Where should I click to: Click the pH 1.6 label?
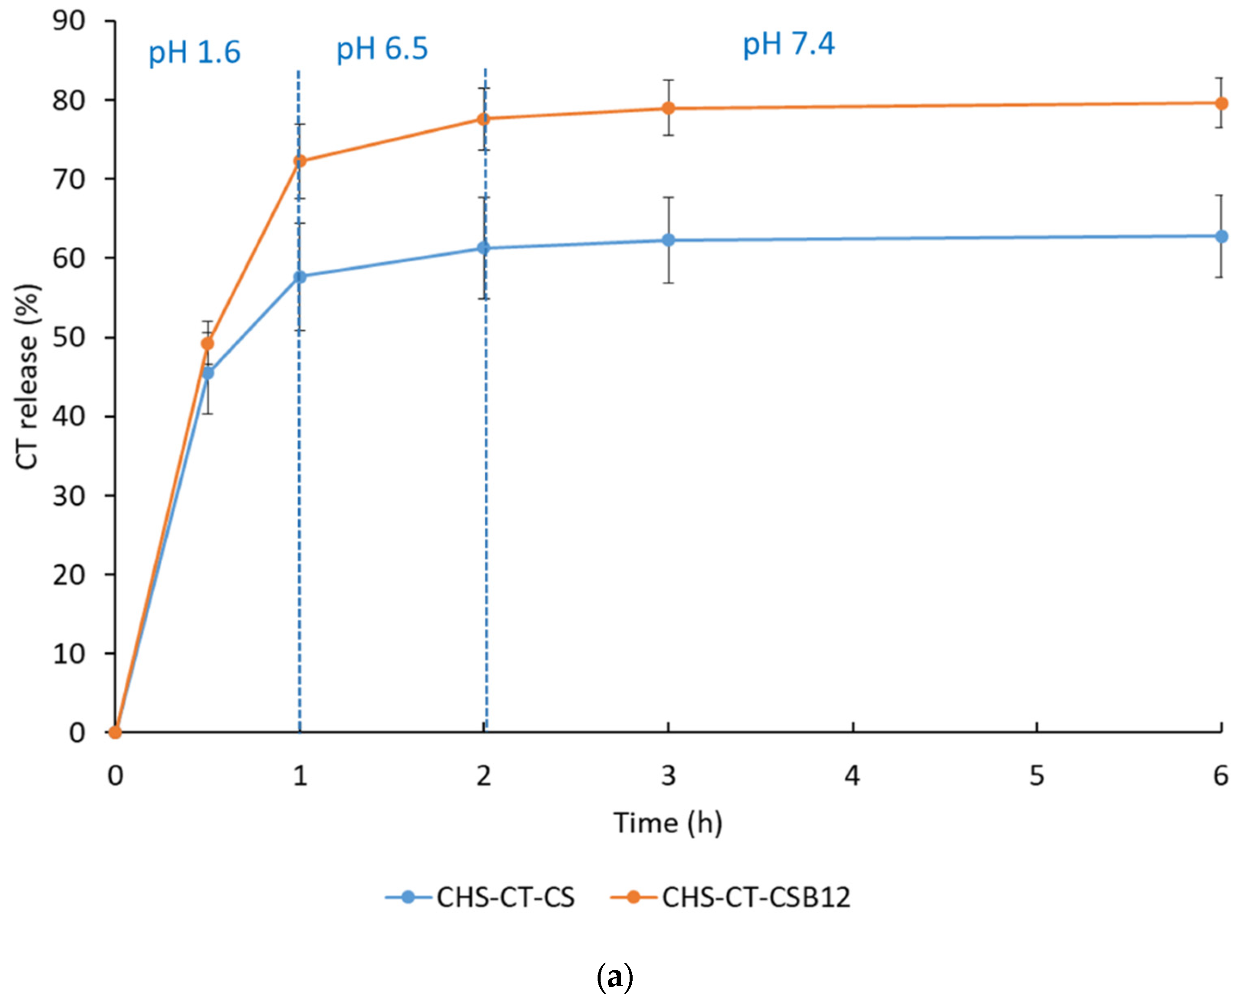pos(194,53)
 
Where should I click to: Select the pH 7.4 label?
pos(789,45)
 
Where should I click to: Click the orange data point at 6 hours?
pos(1221,103)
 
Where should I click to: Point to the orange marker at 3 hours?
pos(668,108)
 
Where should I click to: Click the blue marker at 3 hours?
pos(668,240)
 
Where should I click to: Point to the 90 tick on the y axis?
pos(69,21)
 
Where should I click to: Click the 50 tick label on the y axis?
pos(69,338)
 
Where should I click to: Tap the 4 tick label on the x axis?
pos(852,776)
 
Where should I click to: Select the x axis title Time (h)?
pos(668,823)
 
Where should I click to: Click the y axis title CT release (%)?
pos(26,376)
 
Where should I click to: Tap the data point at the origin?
pos(116,732)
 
